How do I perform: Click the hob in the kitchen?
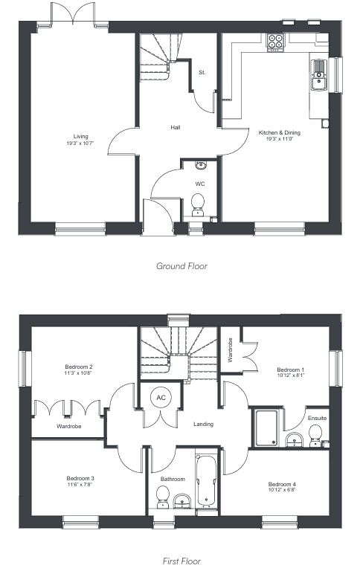(x=275, y=42)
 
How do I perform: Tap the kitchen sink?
(x=319, y=75)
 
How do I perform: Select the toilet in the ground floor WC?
(x=198, y=205)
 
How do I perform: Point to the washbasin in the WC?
(x=200, y=166)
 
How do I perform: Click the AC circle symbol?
(x=161, y=397)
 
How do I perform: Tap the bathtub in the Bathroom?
(x=207, y=481)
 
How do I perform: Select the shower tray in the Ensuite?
(x=267, y=428)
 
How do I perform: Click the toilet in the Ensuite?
(x=315, y=436)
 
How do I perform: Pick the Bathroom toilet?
(x=162, y=497)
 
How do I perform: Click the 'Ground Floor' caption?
(x=181, y=266)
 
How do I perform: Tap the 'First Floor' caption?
(x=181, y=561)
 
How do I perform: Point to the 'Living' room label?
(x=80, y=137)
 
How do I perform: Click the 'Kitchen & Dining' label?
(x=280, y=132)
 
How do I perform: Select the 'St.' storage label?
(x=202, y=72)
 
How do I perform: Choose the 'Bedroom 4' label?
(x=282, y=484)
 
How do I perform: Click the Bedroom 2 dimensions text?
(x=79, y=373)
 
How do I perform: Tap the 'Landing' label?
(x=203, y=424)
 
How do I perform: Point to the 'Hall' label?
(x=176, y=127)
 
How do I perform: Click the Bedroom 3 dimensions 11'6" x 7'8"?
(x=80, y=484)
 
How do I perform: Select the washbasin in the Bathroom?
(x=181, y=501)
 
